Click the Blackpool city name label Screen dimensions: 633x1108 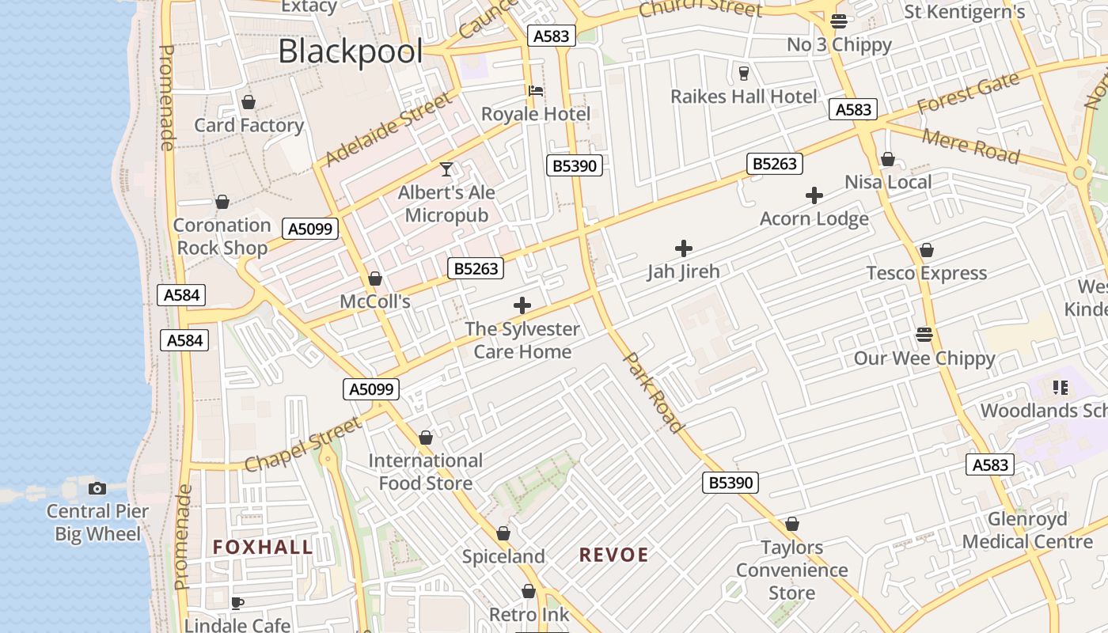pyautogui.click(x=351, y=52)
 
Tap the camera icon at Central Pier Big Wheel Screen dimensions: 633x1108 pyautogui.click(x=97, y=488)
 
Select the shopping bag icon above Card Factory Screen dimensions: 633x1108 pyautogui.click(x=249, y=102)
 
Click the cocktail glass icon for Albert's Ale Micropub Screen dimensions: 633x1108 pyautogui.click(x=446, y=169)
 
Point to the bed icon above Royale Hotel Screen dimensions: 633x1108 pyautogui.click(x=536, y=91)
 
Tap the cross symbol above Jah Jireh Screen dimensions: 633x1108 pyautogui.click(x=684, y=248)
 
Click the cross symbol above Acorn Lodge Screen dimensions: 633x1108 pyautogui.click(x=814, y=195)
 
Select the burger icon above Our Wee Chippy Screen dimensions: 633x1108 pyautogui.click(x=924, y=334)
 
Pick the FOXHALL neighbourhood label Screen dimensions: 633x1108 pyautogui.click(x=263, y=548)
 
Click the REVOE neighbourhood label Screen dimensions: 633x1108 pyautogui.click(x=613, y=555)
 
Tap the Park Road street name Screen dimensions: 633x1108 pyautogui.click(x=655, y=393)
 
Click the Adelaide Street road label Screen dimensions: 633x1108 pyautogui.click(x=389, y=129)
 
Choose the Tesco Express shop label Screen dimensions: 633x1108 pyautogui.click(x=927, y=274)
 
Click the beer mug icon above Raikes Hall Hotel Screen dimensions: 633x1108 pyautogui.click(x=743, y=74)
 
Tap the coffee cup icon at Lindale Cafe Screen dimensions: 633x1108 pyautogui.click(x=237, y=604)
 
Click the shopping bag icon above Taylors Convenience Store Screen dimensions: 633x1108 pyautogui.click(x=791, y=525)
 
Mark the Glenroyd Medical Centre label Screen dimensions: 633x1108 pyautogui.click(x=1027, y=531)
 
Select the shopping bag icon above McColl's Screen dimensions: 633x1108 pyautogui.click(x=375, y=279)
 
